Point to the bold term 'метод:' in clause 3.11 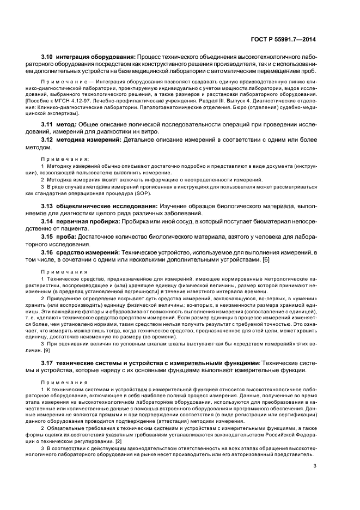click(69, 125)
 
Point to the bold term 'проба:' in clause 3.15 click(68, 236)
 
